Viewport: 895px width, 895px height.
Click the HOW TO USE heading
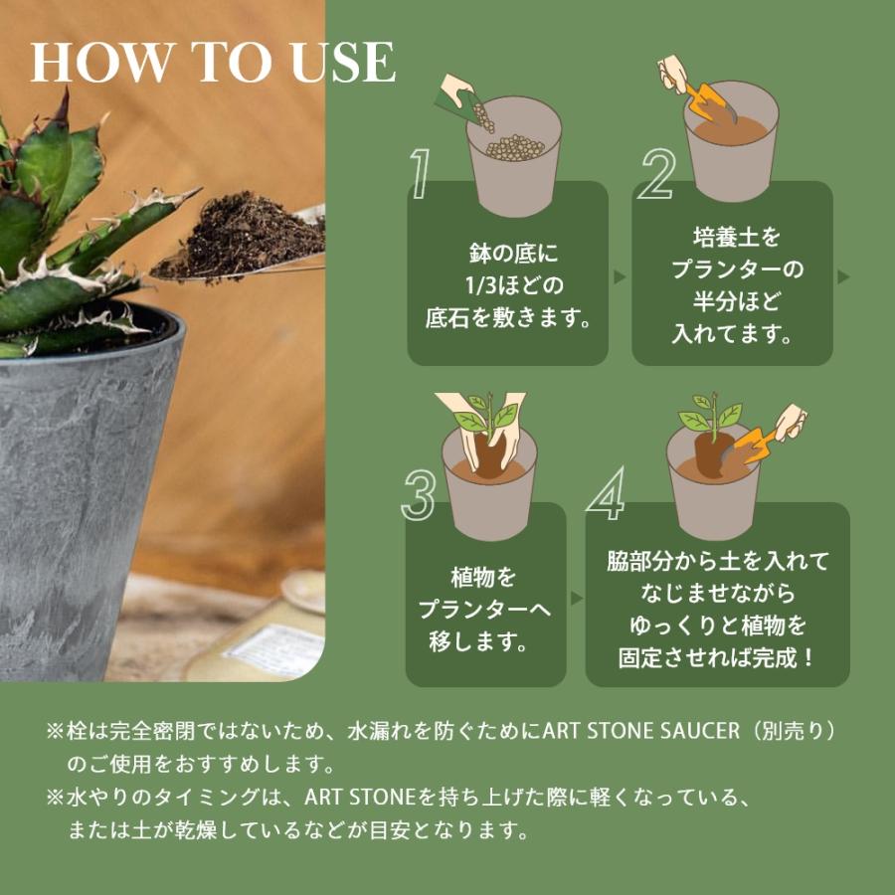tap(213, 64)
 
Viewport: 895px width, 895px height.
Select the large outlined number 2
tap(656, 176)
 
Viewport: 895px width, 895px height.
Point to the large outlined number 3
tap(419, 493)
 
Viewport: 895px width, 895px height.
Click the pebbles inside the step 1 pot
tap(513, 147)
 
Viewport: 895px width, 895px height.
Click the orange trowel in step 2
tap(705, 100)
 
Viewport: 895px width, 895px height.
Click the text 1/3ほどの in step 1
tap(507, 286)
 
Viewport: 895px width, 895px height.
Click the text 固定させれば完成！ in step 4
tap(717, 657)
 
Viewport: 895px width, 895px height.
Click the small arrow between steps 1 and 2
tap(620, 276)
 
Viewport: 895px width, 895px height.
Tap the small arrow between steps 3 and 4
tap(575, 599)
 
